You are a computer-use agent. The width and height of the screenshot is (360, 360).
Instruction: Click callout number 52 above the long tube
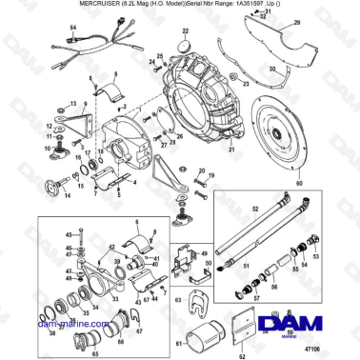254,207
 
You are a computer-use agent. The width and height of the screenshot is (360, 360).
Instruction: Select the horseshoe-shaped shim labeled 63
200,305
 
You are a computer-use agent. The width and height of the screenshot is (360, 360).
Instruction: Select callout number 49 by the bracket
203,254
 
